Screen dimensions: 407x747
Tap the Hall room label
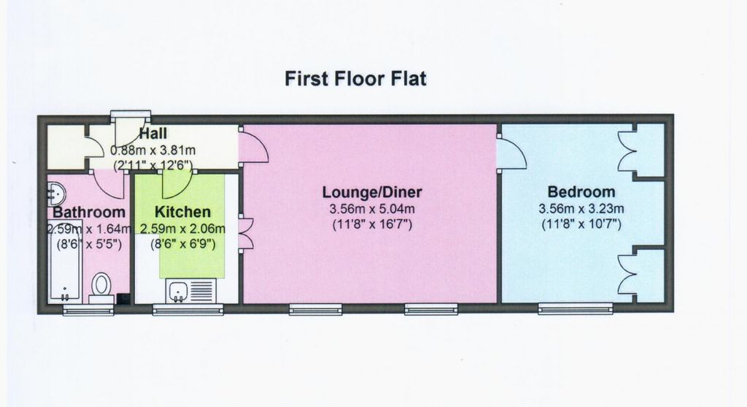pyautogui.click(x=153, y=134)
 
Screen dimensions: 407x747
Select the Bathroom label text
pyautogui.click(x=88, y=212)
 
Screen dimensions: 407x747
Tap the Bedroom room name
pyautogui.click(x=581, y=192)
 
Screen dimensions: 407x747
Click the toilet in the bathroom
pyautogui.click(x=101, y=286)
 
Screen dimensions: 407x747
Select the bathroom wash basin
pyautogui.click(x=56, y=194)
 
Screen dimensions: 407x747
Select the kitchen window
pyautogui.click(x=187, y=310)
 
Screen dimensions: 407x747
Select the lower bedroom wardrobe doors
pyautogui.click(x=627, y=274)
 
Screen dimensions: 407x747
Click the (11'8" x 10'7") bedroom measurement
pyautogui.click(x=581, y=224)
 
